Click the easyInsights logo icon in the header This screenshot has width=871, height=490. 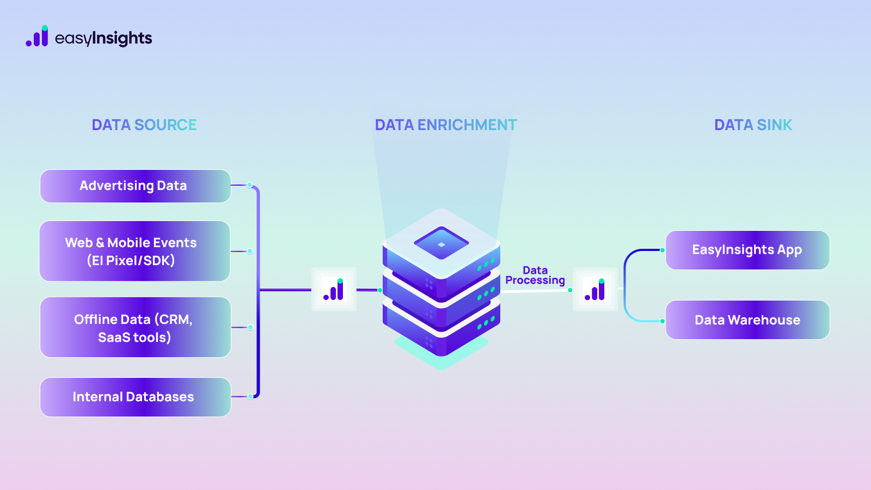coord(37,37)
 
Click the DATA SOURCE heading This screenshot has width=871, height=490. coord(144,125)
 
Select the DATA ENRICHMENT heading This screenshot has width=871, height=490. coord(446,125)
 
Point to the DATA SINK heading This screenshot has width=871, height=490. coord(753,125)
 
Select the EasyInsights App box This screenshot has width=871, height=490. coord(747,250)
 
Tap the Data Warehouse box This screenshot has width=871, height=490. coord(747,320)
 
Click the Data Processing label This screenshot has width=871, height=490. coord(535,275)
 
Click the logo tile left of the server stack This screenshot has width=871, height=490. coord(334,289)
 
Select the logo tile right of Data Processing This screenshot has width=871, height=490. coord(595,289)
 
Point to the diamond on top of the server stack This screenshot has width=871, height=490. coord(441,244)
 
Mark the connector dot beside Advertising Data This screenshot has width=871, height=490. coord(250,185)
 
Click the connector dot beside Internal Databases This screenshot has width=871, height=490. coord(250,396)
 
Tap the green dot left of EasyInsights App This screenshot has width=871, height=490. coord(663,250)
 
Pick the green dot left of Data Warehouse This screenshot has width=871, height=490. coord(663,321)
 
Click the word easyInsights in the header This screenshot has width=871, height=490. coord(103,38)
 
